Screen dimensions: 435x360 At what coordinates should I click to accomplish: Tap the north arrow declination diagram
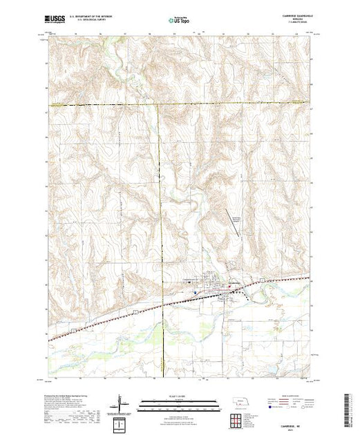(120, 402)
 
